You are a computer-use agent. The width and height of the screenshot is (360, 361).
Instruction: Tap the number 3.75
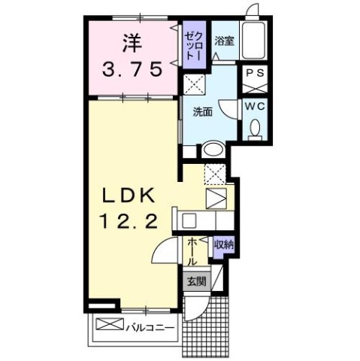pyautogui.click(x=132, y=70)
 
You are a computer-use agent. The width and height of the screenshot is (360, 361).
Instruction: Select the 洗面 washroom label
pyautogui.click(x=201, y=112)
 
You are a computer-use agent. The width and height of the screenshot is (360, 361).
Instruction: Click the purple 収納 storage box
pyautogui.click(x=222, y=245)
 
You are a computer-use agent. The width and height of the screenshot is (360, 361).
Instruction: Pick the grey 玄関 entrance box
pyautogui.click(x=197, y=282)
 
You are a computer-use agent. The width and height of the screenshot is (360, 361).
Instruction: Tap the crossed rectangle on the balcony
pyautogui.click(x=107, y=327)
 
